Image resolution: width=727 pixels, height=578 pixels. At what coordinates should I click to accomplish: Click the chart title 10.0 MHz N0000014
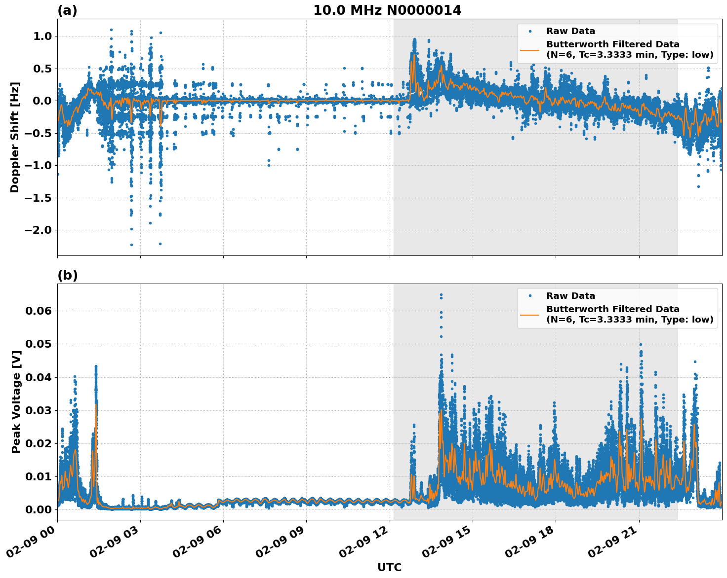[x=387, y=10]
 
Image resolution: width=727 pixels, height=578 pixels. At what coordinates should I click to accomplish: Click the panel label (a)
[x=67, y=10]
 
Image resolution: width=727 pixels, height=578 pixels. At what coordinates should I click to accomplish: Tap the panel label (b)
[x=67, y=275]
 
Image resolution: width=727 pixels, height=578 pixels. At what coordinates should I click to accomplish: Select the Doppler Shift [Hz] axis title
[x=15, y=137]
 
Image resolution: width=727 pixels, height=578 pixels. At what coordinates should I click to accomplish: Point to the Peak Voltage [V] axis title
[x=16, y=401]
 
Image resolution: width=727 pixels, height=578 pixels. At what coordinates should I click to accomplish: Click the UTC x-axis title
[x=389, y=567]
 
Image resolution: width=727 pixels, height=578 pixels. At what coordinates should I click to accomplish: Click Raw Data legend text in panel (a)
[x=570, y=32]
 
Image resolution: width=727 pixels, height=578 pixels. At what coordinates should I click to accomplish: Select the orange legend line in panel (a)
[x=530, y=50]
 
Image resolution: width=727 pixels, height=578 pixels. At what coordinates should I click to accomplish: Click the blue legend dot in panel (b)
[x=530, y=296]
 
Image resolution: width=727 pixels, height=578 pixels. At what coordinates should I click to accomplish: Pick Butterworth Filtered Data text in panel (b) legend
[x=612, y=309]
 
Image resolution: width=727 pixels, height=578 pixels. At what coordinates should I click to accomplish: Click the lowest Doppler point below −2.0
[x=131, y=245]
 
